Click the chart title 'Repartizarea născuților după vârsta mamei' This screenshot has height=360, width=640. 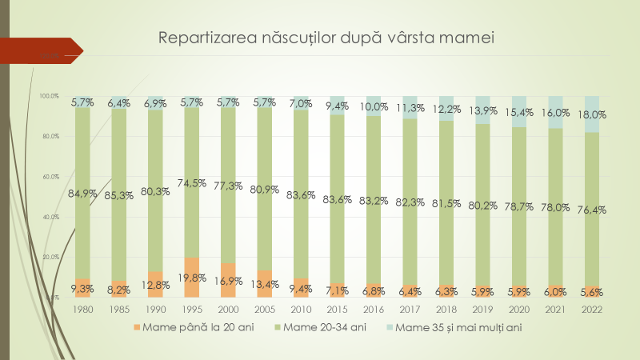(326, 38)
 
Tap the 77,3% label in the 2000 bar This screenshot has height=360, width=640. (228, 186)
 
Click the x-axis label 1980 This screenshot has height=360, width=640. (82, 308)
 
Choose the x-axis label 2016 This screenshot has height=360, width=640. (374, 308)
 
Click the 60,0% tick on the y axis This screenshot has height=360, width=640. (50, 176)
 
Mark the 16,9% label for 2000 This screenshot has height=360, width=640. (228, 281)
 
